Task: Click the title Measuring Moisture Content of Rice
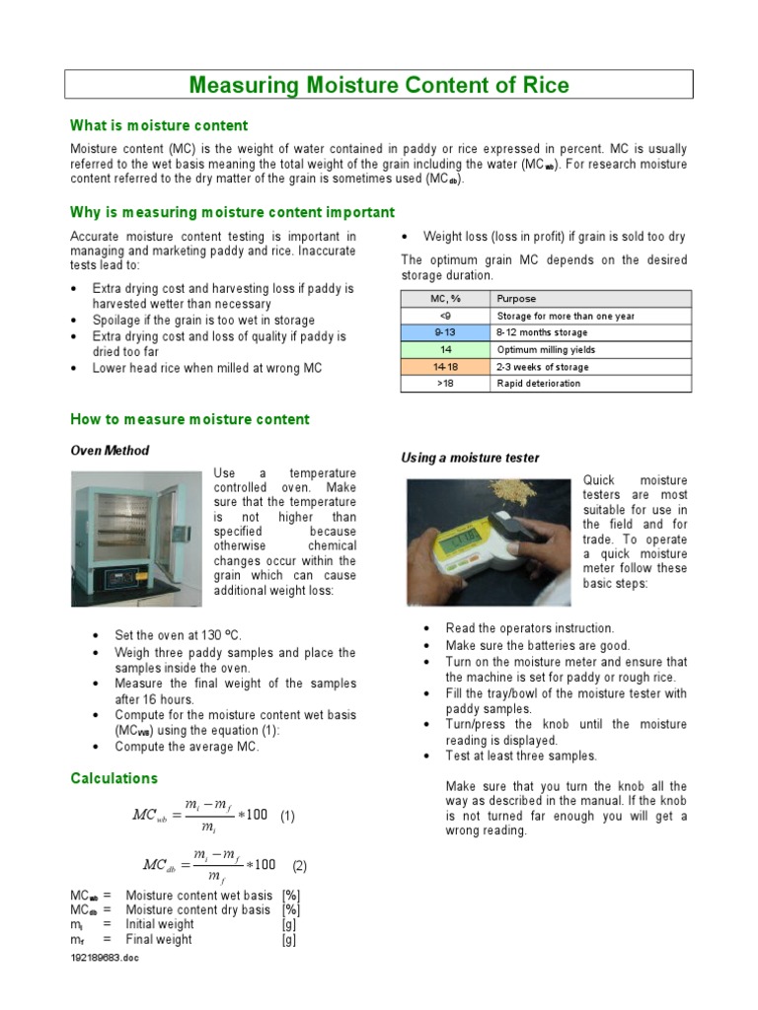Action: click(x=379, y=85)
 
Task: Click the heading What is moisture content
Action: click(x=159, y=125)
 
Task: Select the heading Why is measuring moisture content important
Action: click(x=232, y=212)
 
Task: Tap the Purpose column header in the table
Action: click(x=516, y=299)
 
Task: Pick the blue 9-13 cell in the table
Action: click(x=444, y=333)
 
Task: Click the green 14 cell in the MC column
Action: click(x=444, y=350)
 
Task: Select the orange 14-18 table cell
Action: click(x=444, y=367)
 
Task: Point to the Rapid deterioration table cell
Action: click(x=538, y=384)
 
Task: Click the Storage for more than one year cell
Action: click(x=565, y=317)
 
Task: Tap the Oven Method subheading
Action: click(x=110, y=451)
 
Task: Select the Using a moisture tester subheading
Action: click(x=470, y=458)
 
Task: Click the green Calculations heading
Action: click(x=114, y=778)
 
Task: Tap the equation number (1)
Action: click(x=287, y=816)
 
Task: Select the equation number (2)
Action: click(x=299, y=866)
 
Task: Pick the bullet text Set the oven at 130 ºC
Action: click(x=178, y=635)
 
